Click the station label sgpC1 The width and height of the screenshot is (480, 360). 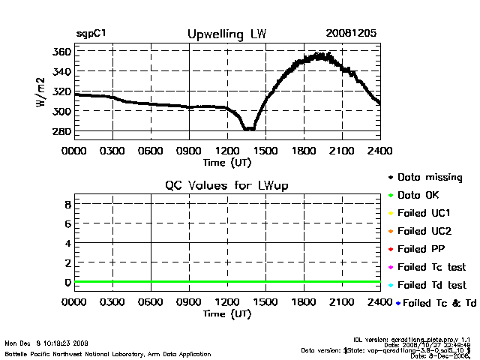(94, 34)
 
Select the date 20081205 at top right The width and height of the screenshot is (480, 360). (351, 34)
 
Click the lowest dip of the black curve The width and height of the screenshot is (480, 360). (248, 129)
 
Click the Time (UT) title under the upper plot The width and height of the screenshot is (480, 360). (227, 161)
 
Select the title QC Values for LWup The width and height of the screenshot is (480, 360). (226, 185)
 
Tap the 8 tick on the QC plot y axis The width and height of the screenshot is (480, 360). (67, 203)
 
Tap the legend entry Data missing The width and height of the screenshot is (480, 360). (430, 178)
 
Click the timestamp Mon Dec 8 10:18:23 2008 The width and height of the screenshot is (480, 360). (47, 343)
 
